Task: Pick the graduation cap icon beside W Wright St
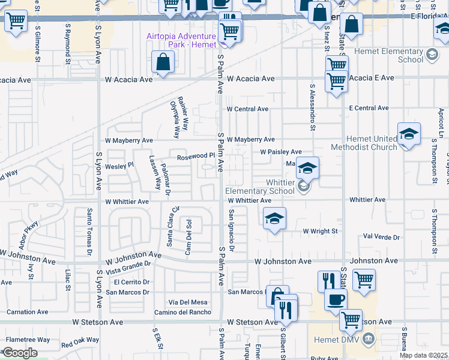point(274,218)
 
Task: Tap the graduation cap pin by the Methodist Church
point(409,133)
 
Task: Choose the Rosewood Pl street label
point(195,156)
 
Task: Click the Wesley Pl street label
point(119,165)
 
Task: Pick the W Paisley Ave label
point(280,152)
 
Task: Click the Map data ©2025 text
point(424,355)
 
